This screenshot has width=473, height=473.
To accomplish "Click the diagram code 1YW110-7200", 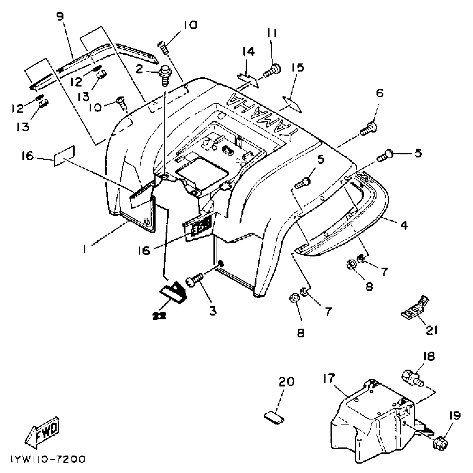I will click(48, 460).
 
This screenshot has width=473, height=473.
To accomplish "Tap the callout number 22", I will click(159, 315).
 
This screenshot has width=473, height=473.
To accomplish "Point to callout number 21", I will click(432, 331).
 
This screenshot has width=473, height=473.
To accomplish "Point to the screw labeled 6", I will click(369, 129).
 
